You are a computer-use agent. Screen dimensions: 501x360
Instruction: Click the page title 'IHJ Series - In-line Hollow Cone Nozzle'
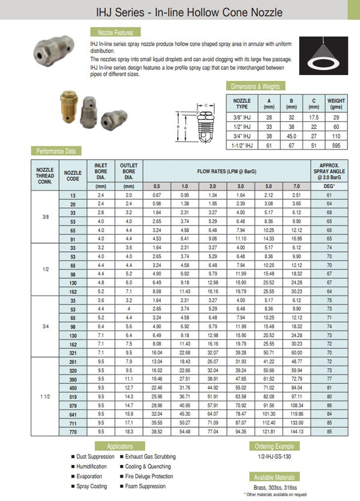click(181, 12)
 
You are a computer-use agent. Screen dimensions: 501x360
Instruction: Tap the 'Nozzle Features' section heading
click(112, 32)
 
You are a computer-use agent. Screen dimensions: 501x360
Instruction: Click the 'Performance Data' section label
click(56, 151)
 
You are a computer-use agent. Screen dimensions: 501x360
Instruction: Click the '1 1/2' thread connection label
click(45, 396)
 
